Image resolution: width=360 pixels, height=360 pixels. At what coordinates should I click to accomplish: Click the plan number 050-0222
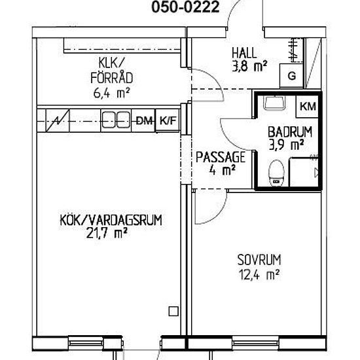pyautogui.click(x=185, y=7)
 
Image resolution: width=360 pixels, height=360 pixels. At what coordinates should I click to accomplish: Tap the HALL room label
pyautogui.click(x=244, y=53)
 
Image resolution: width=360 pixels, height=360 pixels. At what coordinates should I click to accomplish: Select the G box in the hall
pyautogui.click(x=291, y=75)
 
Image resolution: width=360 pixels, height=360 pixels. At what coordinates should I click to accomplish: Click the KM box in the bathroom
pyautogui.click(x=308, y=107)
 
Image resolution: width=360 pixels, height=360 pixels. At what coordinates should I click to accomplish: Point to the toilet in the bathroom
pyautogui.click(x=276, y=173)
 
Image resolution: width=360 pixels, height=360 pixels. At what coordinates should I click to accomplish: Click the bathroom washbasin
pyautogui.click(x=274, y=103)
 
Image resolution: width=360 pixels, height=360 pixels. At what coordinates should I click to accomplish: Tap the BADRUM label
pyautogui.click(x=290, y=132)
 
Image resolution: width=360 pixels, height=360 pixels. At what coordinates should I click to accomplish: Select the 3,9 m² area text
pyautogui.click(x=287, y=145)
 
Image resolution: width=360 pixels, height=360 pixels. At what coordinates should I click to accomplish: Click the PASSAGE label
pyautogui.click(x=221, y=157)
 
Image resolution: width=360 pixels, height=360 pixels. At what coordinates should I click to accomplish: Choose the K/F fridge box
pyautogui.click(x=168, y=120)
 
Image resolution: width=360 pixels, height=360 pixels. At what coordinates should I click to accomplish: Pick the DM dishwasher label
pyautogui.click(x=144, y=120)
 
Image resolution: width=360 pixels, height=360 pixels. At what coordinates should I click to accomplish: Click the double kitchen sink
pyautogui.click(x=116, y=120)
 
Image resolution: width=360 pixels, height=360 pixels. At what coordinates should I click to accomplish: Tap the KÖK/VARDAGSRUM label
pyautogui.click(x=111, y=220)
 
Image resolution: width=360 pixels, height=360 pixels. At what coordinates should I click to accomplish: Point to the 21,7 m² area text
pyautogui.click(x=107, y=234)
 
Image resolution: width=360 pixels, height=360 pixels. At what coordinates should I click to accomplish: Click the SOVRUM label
pyautogui.click(x=259, y=260)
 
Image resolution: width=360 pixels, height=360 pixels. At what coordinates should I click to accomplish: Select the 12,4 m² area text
pyautogui.click(x=259, y=275)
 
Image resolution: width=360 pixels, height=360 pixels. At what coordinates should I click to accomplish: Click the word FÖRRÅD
pyautogui.click(x=112, y=77)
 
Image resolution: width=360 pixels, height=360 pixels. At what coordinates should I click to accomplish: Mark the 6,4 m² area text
pyautogui.click(x=111, y=93)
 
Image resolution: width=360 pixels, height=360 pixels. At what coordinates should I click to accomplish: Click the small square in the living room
pyautogui.click(x=173, y=312)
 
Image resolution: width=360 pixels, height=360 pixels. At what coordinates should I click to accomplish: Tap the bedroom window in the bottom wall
pyautogui.click(x=255, y=344)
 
